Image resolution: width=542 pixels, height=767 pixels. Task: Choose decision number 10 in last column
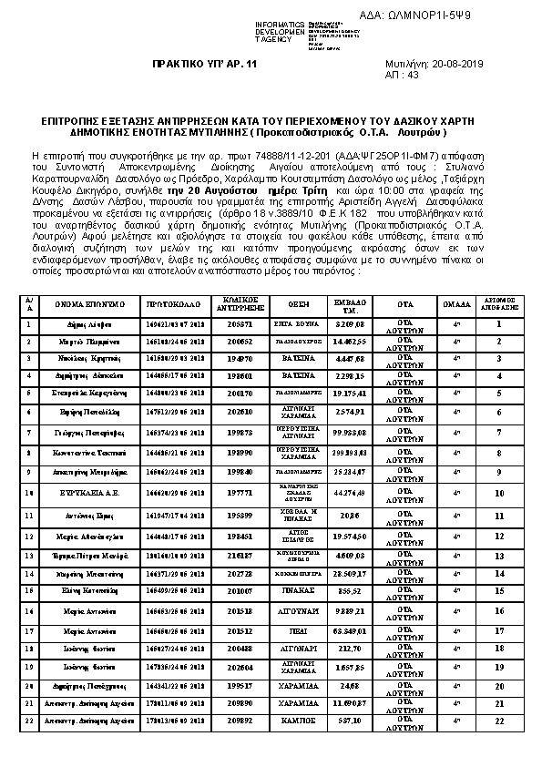(499, 493)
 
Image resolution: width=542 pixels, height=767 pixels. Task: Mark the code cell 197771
(240, 493)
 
